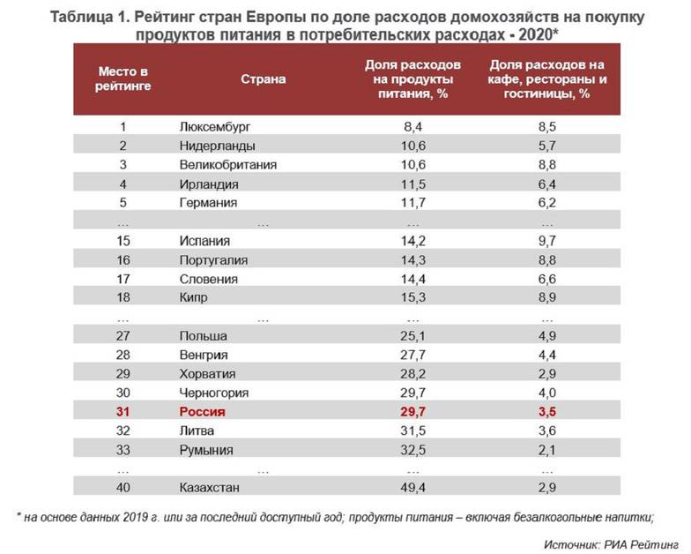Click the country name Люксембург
click(x=220, y=126)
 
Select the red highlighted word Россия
click(x=202, y=412)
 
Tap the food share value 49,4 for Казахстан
click(x=412, y=488)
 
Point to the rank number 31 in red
click(x=123, y=412)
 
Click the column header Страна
click(x=264, y=79)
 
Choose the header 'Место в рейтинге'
click(x=123, y=79)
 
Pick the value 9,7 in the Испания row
click(x=546, y=241)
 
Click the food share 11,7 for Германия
click(x=412, y=203)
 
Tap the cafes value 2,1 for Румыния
click(x=546, y=450)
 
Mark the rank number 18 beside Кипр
click(x=123, y=298)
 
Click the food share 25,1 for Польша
click(x=412, y=336)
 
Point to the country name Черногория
click(x=213, y=393)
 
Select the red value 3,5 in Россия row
click(x=546, y=412)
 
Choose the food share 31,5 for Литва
click(x=412, y=431)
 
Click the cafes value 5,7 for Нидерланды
click(x=546, y=146)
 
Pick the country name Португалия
click(x=213, y=260)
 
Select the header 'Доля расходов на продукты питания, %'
click(x=412, y=79)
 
